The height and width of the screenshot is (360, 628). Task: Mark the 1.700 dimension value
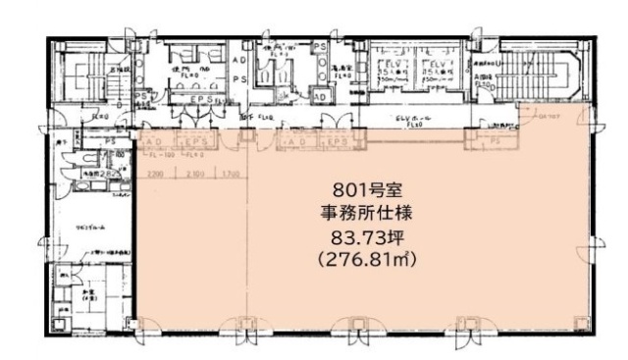(x=223, y=175)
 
